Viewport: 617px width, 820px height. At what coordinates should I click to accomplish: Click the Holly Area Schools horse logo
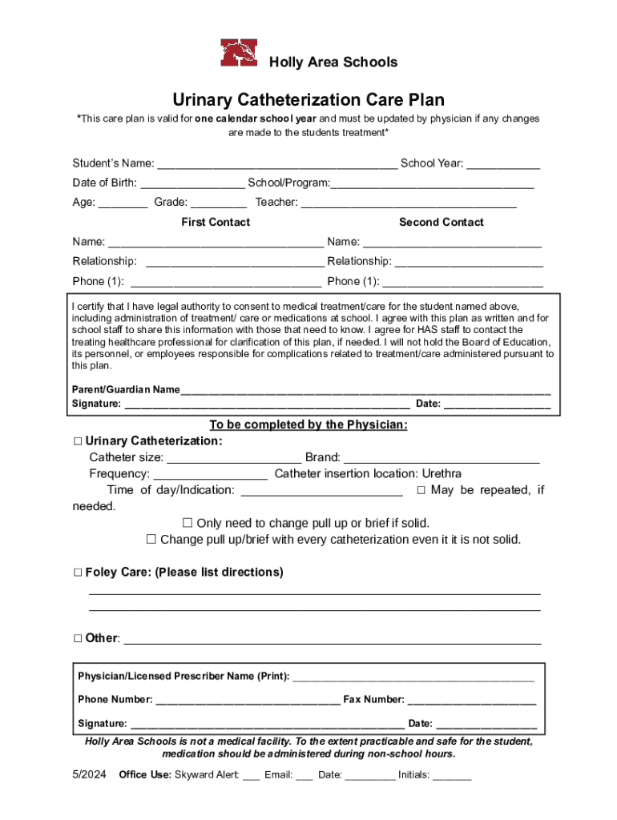pyautogui.click(x=240, y=54)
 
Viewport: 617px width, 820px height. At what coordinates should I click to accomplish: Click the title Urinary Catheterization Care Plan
pyautogui.click(x=308, y=100)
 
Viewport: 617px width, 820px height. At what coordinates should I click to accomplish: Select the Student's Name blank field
pyautogui.click(x=276, y=164)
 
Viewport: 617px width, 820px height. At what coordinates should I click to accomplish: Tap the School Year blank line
pyautogui.click(x=503, y=164)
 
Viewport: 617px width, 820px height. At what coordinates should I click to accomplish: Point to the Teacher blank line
pyautogui.click(x=409, y=203)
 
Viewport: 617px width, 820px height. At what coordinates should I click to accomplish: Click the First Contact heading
pyautogui.click(x=216, y=222)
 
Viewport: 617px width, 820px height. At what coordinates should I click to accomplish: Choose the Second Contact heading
pyautogui.click(x=441, y=222)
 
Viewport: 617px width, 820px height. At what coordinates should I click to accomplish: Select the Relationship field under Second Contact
pyautogui.click(x=469, y=262)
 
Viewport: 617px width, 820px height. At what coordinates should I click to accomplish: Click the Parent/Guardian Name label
pyautogui.click(x=126, y=390)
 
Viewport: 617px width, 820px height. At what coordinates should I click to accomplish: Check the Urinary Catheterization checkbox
pyautogui.click(x=78, y=441)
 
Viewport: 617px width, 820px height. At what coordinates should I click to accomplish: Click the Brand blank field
pyautogui.click(x=442, y=458)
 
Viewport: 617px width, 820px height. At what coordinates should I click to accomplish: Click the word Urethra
pyautogui.click(x=442, y=473)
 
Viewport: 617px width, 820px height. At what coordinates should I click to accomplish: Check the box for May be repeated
pyautogui.click(x=421, y=490)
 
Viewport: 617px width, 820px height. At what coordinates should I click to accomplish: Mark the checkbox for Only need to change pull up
pyautogui.click(x=188, y=523)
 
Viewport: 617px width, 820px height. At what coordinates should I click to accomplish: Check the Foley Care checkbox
pyautogui.click(x=78, y=573)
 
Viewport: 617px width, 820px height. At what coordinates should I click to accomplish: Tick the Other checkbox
pyautogui.click(x=78, y=639)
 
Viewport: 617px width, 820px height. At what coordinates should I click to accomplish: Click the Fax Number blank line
pyautogui.click(x=472, y=700)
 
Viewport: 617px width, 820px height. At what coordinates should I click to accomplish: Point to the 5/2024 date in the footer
pyautogui.click(x=89, y=775)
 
